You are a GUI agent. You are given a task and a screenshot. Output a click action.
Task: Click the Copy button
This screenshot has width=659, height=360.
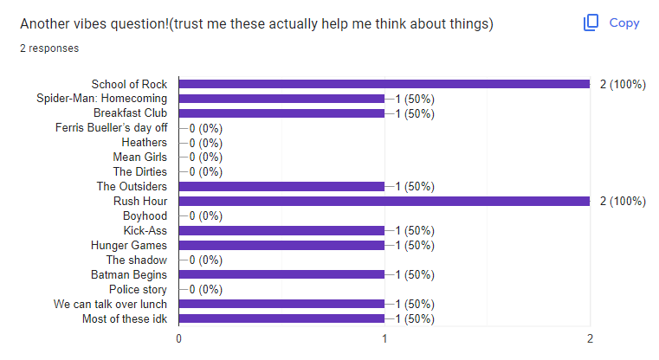coord(611,23)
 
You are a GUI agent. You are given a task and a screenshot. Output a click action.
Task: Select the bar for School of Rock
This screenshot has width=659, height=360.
coord(384,84)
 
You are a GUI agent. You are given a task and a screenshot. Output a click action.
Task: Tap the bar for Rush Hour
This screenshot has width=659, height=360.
coord(384,202)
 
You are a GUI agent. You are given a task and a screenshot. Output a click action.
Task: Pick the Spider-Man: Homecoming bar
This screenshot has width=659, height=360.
coord(281,99)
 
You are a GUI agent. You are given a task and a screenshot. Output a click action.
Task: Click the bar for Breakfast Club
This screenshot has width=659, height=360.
coord(281,113)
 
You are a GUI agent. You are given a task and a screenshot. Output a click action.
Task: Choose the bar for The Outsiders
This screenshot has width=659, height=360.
coord(281,187)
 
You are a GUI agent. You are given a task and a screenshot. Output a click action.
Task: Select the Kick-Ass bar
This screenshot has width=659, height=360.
coord(281,231)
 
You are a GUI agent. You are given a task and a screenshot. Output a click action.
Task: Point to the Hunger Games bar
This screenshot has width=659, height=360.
coord(281,246)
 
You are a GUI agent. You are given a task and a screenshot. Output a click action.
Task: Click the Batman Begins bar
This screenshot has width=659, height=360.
coord(281,275)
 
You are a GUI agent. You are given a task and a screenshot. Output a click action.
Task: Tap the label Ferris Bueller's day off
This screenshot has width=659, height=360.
coord(111,128)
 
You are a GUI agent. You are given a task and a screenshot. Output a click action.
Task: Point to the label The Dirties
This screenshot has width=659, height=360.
coord(142,172)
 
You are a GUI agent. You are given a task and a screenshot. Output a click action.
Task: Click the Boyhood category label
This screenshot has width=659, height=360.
coord(145,216)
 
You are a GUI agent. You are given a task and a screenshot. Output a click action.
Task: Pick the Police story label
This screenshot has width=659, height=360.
coord(138,290)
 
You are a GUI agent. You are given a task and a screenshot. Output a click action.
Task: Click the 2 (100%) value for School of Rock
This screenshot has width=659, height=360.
coord(623,84)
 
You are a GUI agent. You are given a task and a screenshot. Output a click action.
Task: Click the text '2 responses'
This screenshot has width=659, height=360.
coord(49,48)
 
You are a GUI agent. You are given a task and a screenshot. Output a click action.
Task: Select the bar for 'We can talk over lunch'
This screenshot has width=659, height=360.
coord(281,305)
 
